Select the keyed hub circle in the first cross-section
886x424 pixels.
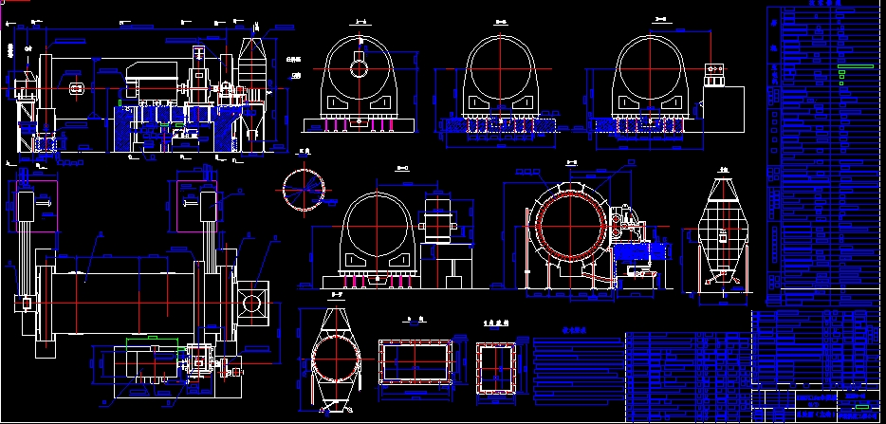point(359,67)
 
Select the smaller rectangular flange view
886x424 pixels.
point(496,367)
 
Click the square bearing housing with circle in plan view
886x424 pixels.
point(254,303)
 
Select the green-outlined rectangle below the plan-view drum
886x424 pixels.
point(143,337)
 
